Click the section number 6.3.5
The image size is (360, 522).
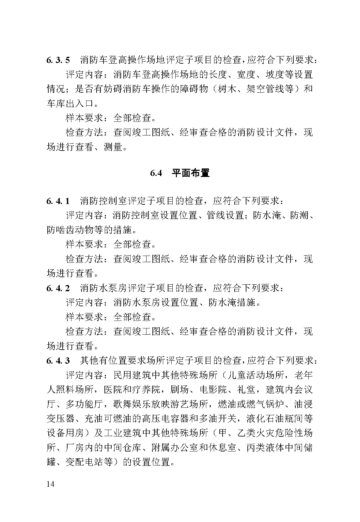pos(58,60)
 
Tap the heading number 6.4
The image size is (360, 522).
pos(156,173)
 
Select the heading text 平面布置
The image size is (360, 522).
pos(191,173)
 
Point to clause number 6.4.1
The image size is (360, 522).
pos(58,201)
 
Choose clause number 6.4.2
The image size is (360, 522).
pos(58,288)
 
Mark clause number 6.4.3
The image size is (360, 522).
pos(58,360)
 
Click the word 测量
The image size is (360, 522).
pos(113,147)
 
